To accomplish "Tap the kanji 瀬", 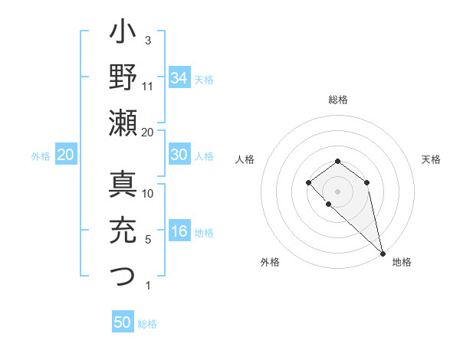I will click(123, 123).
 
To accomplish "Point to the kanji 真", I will click(123, 186).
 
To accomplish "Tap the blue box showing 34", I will click(179, 77).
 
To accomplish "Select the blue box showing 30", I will click(179, 155).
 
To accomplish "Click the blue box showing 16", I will click(179, 232).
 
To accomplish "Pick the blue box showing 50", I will click(123, 322).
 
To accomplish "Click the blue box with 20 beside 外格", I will click(65, 155).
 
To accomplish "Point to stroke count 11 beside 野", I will click(148, 86).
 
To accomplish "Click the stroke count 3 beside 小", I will click(148, 40).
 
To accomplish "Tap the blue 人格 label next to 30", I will click(204, 156).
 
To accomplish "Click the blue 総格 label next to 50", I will click(147, 324).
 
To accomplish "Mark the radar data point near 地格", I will click(383, 254).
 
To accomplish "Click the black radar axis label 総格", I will click(338, 100).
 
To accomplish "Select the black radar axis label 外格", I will click(270, 262).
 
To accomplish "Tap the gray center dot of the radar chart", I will click(337, 191).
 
